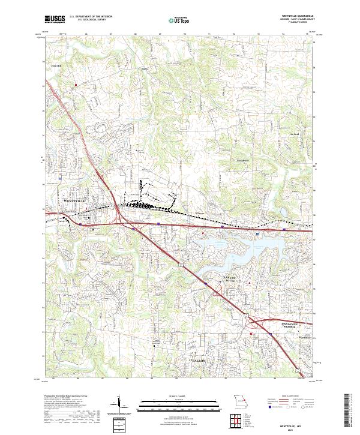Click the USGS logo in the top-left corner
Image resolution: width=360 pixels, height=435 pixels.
pos(55,19)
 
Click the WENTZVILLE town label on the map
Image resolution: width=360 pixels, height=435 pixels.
pos(75,200)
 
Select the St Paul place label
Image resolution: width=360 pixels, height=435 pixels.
pos(294,133)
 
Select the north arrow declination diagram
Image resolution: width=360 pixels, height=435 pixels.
pos(120,403)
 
